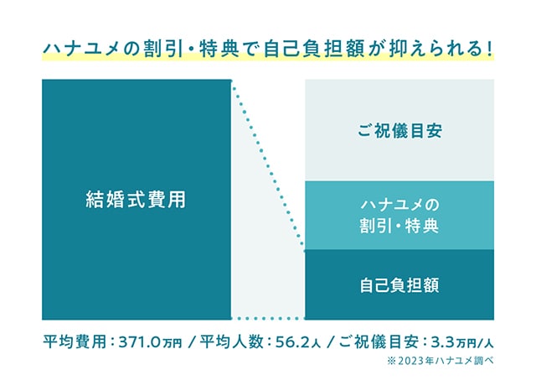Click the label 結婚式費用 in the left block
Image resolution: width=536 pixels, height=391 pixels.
tap(136, 200)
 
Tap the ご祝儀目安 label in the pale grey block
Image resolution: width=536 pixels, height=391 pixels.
tap(399, 131)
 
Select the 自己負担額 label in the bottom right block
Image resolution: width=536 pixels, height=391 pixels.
tap(399, 285)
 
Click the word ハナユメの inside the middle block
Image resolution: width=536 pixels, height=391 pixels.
tap(399, 205)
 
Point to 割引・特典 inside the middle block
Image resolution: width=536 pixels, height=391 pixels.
tap(399, 226)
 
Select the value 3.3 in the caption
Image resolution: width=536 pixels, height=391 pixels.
tap(444, 341)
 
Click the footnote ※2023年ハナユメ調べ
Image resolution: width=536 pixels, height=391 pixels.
tap(441, 361)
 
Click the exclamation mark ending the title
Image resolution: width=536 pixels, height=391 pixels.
tap(490, 50)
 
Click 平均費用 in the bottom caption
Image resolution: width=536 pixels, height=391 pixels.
tap(75, 341)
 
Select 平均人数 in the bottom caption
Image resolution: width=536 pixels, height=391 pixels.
tap(232, 341)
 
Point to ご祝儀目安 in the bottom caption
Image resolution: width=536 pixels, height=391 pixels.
tap(379, 341)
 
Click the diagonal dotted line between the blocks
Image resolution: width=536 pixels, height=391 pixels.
tap(268, 165)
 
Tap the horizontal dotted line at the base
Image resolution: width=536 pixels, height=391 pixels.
tap(268, 318)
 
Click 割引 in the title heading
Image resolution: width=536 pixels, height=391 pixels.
tap(162, 50)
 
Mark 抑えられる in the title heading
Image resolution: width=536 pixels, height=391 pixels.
tap(436, 50)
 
